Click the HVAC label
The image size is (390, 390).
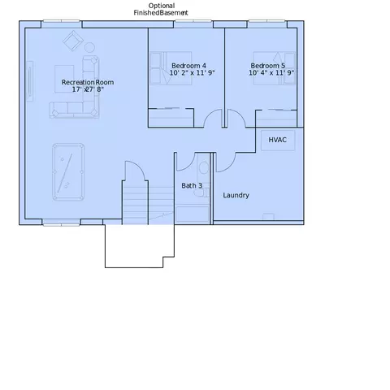pos(277,140)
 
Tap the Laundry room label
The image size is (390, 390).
pos(236,195)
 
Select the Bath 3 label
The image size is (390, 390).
pos(192,185)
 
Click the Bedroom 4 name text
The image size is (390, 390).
pos(188,66)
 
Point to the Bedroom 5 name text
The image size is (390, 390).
pos(268,66)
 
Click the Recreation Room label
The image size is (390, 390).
pos(88,82)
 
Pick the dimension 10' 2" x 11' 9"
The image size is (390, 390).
pos(192,72)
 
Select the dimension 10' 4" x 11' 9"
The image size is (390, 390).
pos(271,72)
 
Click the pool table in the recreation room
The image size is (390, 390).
pos(68,172)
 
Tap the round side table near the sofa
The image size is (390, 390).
pos(89,47)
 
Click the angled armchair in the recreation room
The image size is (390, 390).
pos(73,41)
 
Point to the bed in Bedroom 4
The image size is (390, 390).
pos(171,68)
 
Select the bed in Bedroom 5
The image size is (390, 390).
pos(274,68)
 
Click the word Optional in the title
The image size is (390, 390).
pos(162,6)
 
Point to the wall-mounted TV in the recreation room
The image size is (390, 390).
pos(30,81)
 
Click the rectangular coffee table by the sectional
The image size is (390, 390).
pos(64,79)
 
